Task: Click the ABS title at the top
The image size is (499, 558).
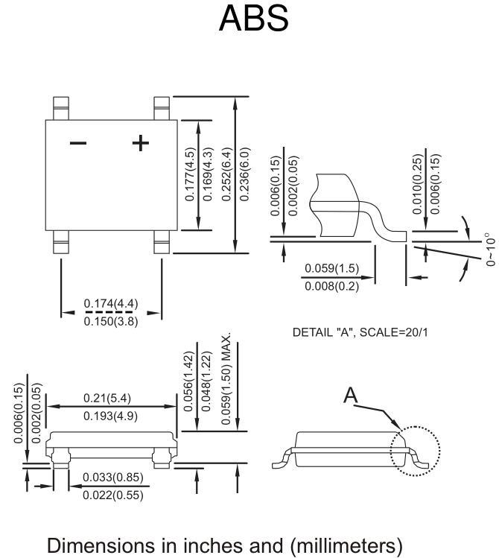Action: coord(253,19)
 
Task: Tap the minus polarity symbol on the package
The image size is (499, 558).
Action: coord(78,144)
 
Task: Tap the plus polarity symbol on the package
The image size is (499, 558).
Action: coord(141,143)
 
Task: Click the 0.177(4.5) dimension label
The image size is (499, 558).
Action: coord(190,174)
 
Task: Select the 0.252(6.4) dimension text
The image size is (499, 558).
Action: coord(226,174)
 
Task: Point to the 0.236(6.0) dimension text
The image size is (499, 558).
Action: coord(244,174)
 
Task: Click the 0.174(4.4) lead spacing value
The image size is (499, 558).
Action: coord(111,303)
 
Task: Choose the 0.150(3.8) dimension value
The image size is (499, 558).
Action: coord(111,321)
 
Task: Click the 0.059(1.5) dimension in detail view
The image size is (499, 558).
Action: coord(332,268)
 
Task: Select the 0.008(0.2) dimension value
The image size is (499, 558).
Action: coord(332,286)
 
